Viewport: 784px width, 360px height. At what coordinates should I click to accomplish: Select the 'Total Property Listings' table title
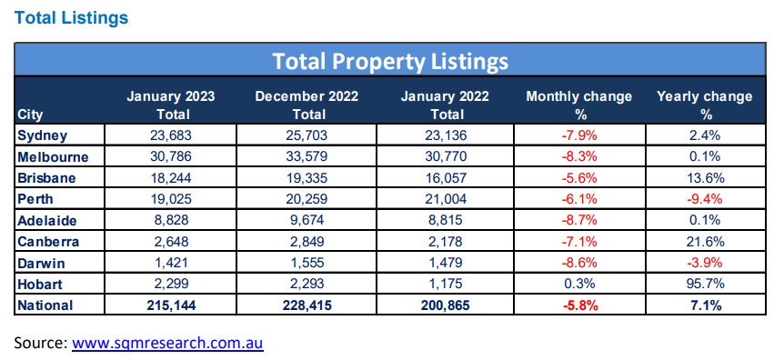click(x=390, y=61)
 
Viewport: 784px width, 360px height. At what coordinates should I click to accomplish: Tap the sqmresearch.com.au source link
click(x=168, y=344)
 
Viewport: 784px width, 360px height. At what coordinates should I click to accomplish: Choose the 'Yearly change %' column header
click(x=704, y=105)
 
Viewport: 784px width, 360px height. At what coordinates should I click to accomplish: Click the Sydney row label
click(x=41, y=135)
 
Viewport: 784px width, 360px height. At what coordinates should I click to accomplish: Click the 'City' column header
click(x=30, y=115)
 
